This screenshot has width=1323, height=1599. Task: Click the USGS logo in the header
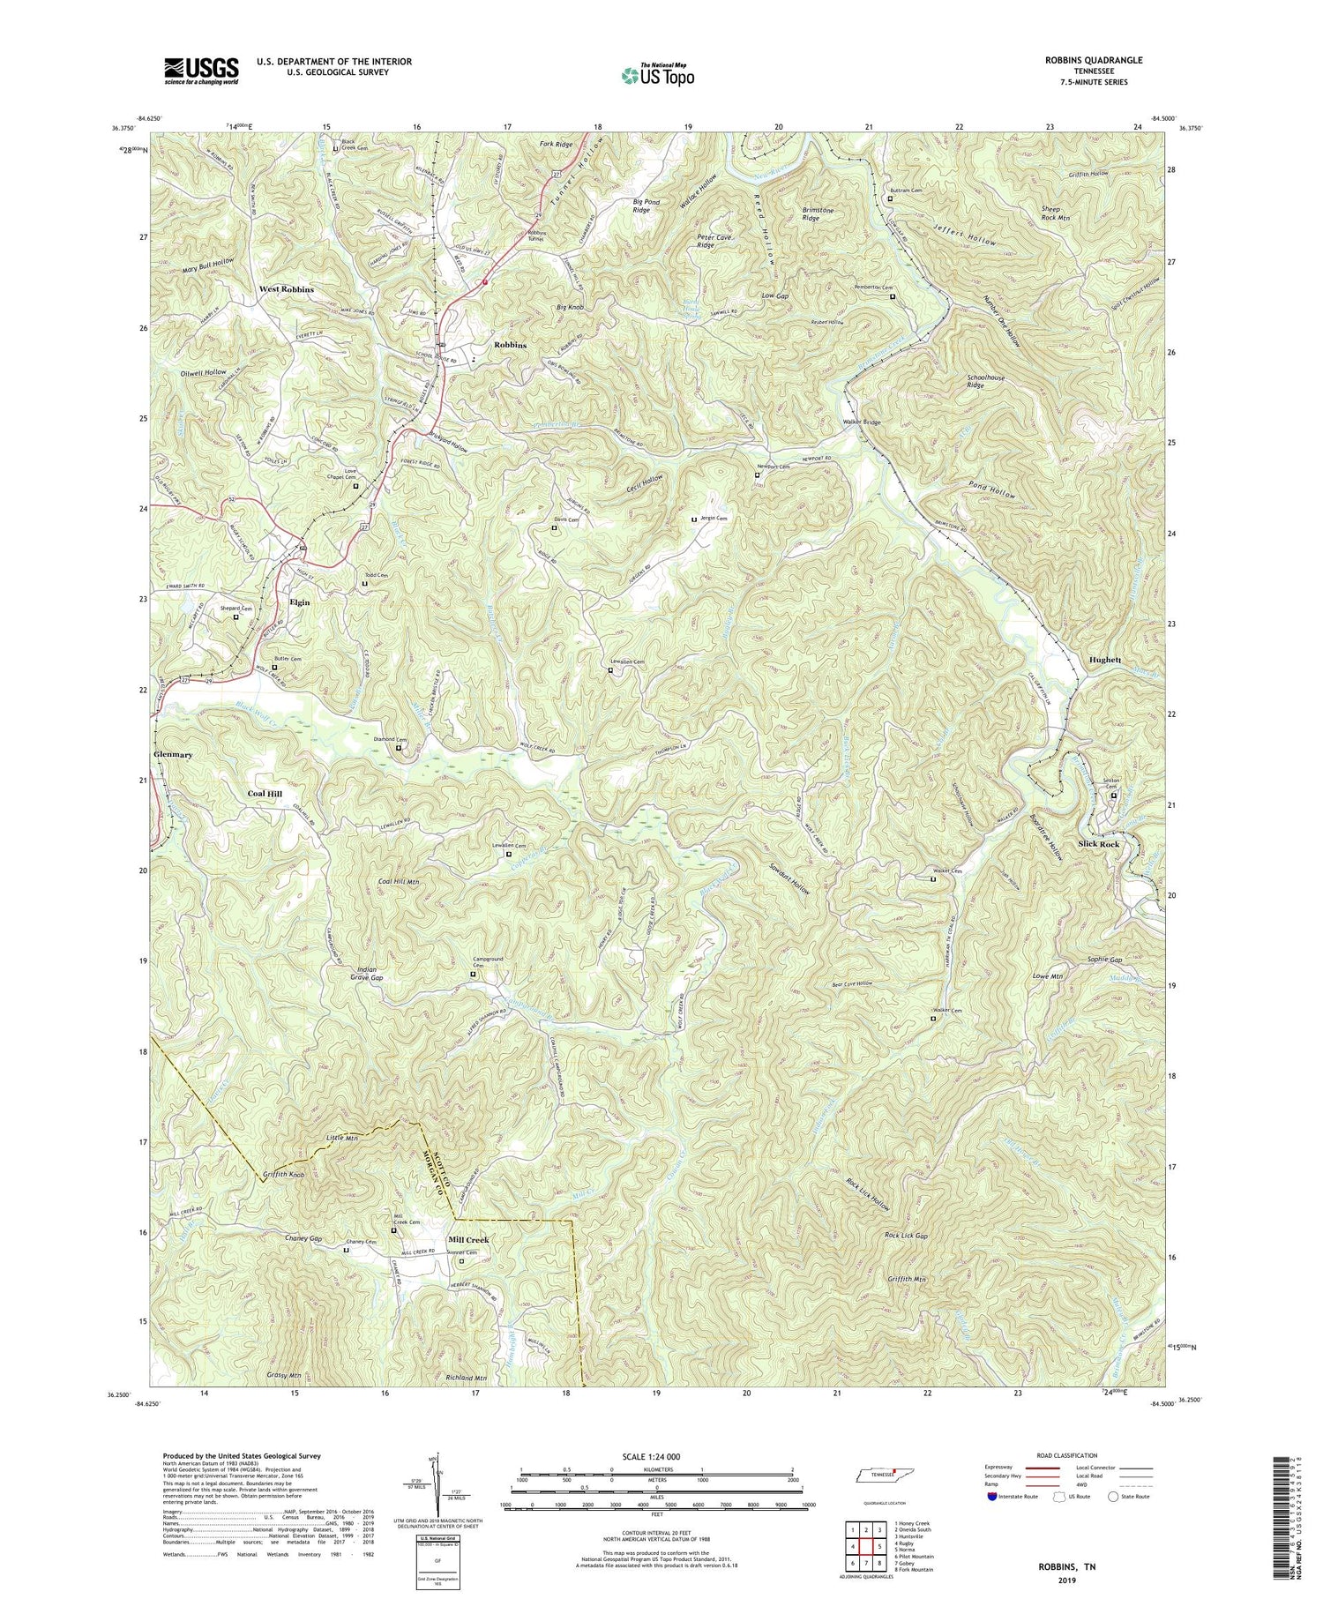[201, 71]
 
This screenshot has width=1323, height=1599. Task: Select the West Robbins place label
[287, 289]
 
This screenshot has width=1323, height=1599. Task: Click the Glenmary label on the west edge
[174, 756]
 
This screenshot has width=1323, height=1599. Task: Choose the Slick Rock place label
[1098, 844]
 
